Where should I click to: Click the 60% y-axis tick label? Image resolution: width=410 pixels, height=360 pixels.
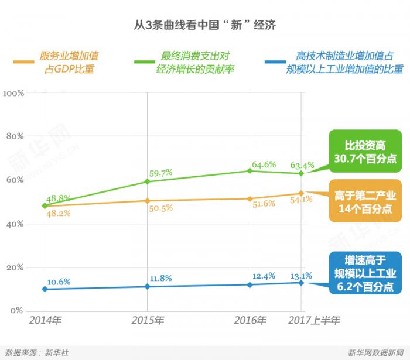(x=14, y=180)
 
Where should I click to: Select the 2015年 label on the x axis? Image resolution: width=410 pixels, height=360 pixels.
(x=147, y=321)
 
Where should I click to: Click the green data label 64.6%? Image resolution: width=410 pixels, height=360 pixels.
(x=264, y=164)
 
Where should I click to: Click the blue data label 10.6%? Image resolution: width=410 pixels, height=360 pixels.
(x=59, y=282)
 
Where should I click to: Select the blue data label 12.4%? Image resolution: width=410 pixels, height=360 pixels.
(x=264, y=275)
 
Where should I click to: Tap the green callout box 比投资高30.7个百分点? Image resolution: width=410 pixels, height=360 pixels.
(x=364, y=152)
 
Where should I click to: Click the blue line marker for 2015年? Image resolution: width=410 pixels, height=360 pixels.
(x=147, y=286)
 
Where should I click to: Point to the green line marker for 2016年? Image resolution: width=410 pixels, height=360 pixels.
(x=250, y=170)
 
